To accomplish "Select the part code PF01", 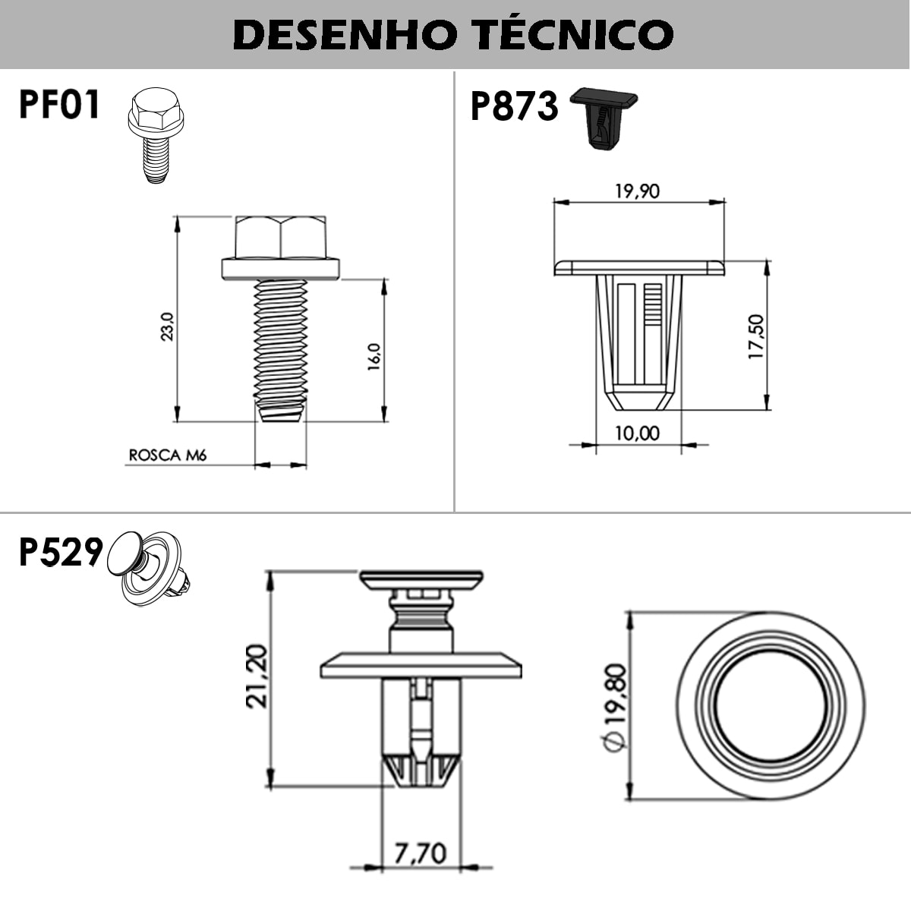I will point(59,105).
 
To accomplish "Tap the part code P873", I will point(514,106).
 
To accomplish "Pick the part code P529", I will point(60,553).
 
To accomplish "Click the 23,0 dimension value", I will point(167,326).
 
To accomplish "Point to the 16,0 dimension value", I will point(374,357).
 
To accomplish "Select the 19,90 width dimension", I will point(637,191).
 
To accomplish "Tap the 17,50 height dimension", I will point(756,337).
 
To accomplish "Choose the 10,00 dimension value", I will point(637,433).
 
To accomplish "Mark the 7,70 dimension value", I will point(420,853).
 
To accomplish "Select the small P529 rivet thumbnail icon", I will point(152,568).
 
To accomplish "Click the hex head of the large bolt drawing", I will point(281,237).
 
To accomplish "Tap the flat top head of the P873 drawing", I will point(639,267).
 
